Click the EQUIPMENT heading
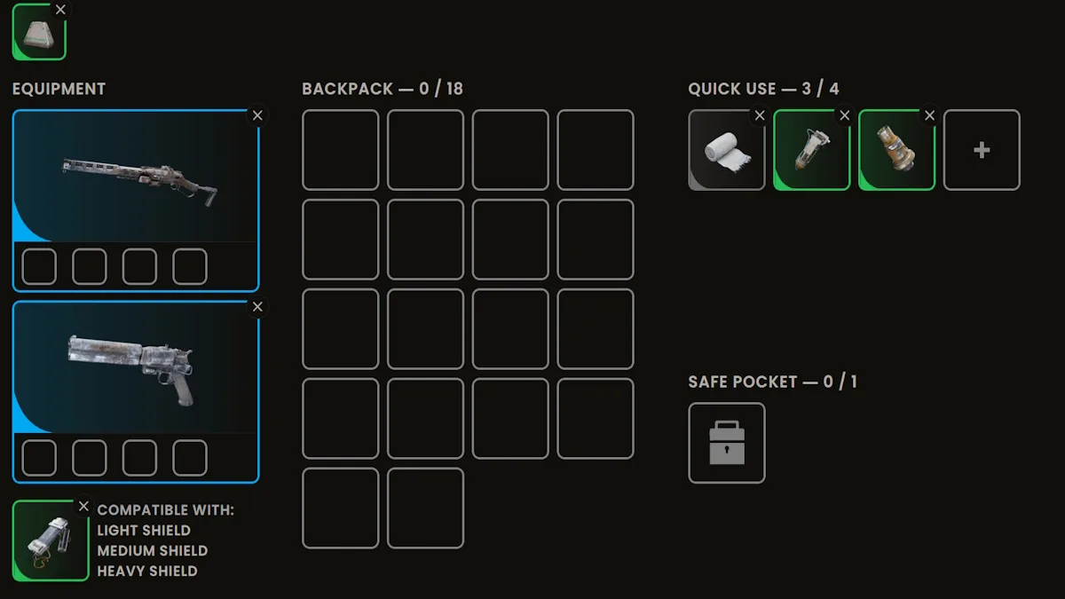59,89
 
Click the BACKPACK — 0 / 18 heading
383,89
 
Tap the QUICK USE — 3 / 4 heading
763,89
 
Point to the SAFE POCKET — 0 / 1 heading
773,382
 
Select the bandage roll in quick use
728,152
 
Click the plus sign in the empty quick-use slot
982,150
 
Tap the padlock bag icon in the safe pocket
727,443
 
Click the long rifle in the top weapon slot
140,181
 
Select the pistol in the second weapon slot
131,368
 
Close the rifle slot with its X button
257,115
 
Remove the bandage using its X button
760,115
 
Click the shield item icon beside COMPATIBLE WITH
51,540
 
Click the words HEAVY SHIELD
147,571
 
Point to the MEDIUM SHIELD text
153,550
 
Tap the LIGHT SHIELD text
144,530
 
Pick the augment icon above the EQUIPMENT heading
39,32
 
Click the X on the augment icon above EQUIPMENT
60,10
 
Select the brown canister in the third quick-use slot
896,148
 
